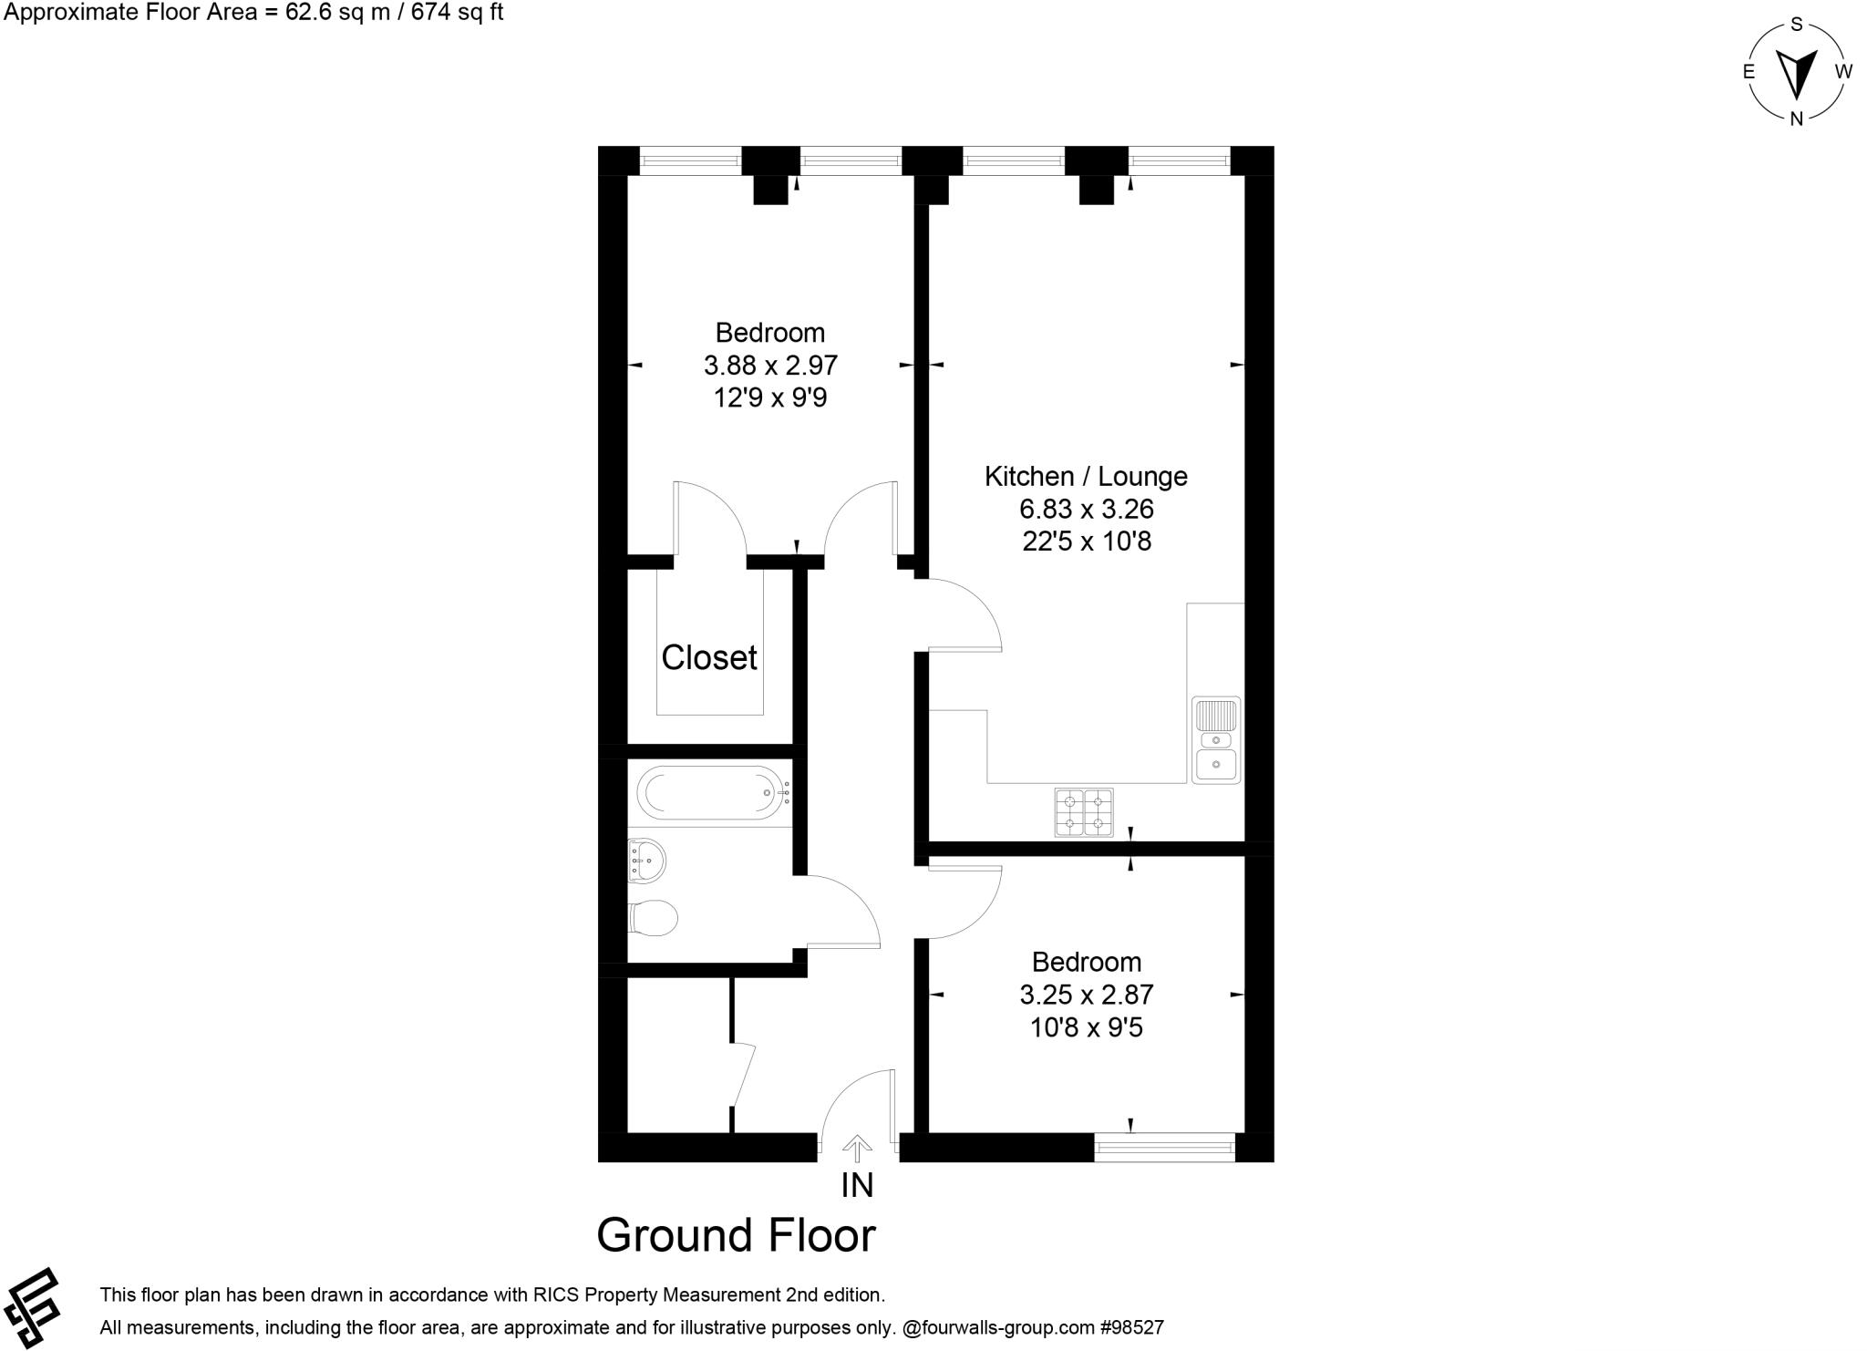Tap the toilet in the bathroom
[x=654, y=918]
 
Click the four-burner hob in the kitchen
[x=1084, y=812]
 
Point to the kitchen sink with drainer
[x=1216, y=740]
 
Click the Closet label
[x=708, y=657]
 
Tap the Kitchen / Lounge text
[x=1086, y=476]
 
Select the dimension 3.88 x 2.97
[x=770, y=366]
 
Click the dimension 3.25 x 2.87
[x=1087, y=995]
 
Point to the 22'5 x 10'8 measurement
[x=1087, y=541]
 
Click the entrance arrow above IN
[x=856, y=1147]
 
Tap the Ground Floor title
[x=736, y=1235]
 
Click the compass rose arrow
[x=1796, y=73]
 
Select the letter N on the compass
[x=1796, y=119]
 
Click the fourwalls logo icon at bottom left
[x=33, y=1307]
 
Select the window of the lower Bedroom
[x=1164, y=1147]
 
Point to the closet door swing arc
[x=711, y=518]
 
